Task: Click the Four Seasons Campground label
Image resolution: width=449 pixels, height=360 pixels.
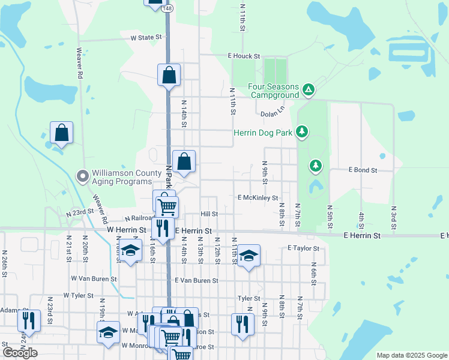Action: click(274, 91)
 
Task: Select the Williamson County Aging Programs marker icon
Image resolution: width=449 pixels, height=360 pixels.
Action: click(83, 176)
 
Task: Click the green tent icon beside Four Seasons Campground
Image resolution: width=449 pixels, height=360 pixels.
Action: click(308, 90)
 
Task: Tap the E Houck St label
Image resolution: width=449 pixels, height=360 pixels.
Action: click(243, 56)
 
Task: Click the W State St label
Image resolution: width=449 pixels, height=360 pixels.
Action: click(147, 37)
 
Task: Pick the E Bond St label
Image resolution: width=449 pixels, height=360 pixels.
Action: click(363, 170)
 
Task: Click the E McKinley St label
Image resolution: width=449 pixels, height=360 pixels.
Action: click(258, 197)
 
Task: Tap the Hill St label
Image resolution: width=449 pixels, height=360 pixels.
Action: click(209, 214)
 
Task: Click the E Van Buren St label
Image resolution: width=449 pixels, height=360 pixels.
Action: click(196, 280)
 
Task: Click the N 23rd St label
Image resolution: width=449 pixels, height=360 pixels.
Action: click(80, 212)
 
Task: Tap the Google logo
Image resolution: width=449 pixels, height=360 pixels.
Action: click(20, 352)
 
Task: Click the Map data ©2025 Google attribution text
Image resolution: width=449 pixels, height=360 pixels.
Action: click(411, 355)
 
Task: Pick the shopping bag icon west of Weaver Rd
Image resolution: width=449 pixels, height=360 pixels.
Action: click(61, 133)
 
